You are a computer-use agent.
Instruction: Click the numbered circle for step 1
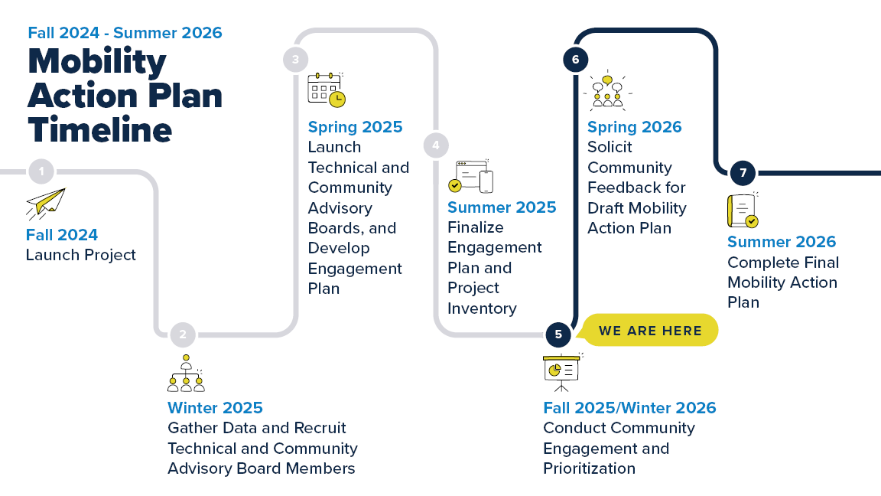tap(41, 171)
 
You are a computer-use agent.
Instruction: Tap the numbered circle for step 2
tap(183, 334)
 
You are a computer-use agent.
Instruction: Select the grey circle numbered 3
tap(295, 59)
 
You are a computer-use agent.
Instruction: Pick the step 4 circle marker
tap(436, 145)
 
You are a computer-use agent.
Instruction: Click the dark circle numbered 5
tap(558, 334)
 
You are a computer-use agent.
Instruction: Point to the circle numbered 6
tap(575, 59)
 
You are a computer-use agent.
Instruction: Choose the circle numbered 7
tap(742, 172)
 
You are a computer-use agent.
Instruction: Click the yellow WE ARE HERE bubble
tap(649, 331)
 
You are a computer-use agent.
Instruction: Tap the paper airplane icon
tap(46, 204)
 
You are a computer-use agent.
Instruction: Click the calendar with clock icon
tap(327, 90)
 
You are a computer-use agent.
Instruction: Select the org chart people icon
tap(186, 374)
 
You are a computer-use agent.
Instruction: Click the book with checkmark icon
tap(743, 210)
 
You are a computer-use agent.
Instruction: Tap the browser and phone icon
tap(470, 177)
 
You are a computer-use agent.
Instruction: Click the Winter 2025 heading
tap(215, 408)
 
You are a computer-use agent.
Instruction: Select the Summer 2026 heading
tap(782, 242)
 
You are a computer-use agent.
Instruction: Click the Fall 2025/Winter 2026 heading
tap(629, 408)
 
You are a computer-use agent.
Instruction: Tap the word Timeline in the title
tap(99, 129)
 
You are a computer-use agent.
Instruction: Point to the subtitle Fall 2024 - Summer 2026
tap(125, 33)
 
